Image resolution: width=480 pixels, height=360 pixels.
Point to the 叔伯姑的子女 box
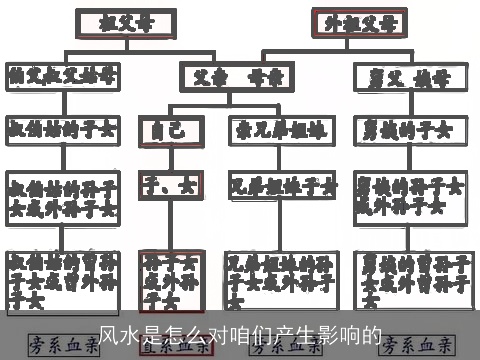(x=63, y=129)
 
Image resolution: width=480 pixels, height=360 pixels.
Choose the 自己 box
(x=162, y=129)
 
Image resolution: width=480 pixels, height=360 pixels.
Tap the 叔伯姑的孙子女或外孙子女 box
(x=63, y=197)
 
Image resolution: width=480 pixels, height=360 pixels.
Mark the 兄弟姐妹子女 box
(x=283, y=186)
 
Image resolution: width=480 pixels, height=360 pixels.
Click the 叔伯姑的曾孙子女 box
(x=63, y=277)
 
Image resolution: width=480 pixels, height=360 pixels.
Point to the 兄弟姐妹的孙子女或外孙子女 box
(x=283, y=277)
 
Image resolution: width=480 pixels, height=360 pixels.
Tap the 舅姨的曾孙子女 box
(x=410, y=277)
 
